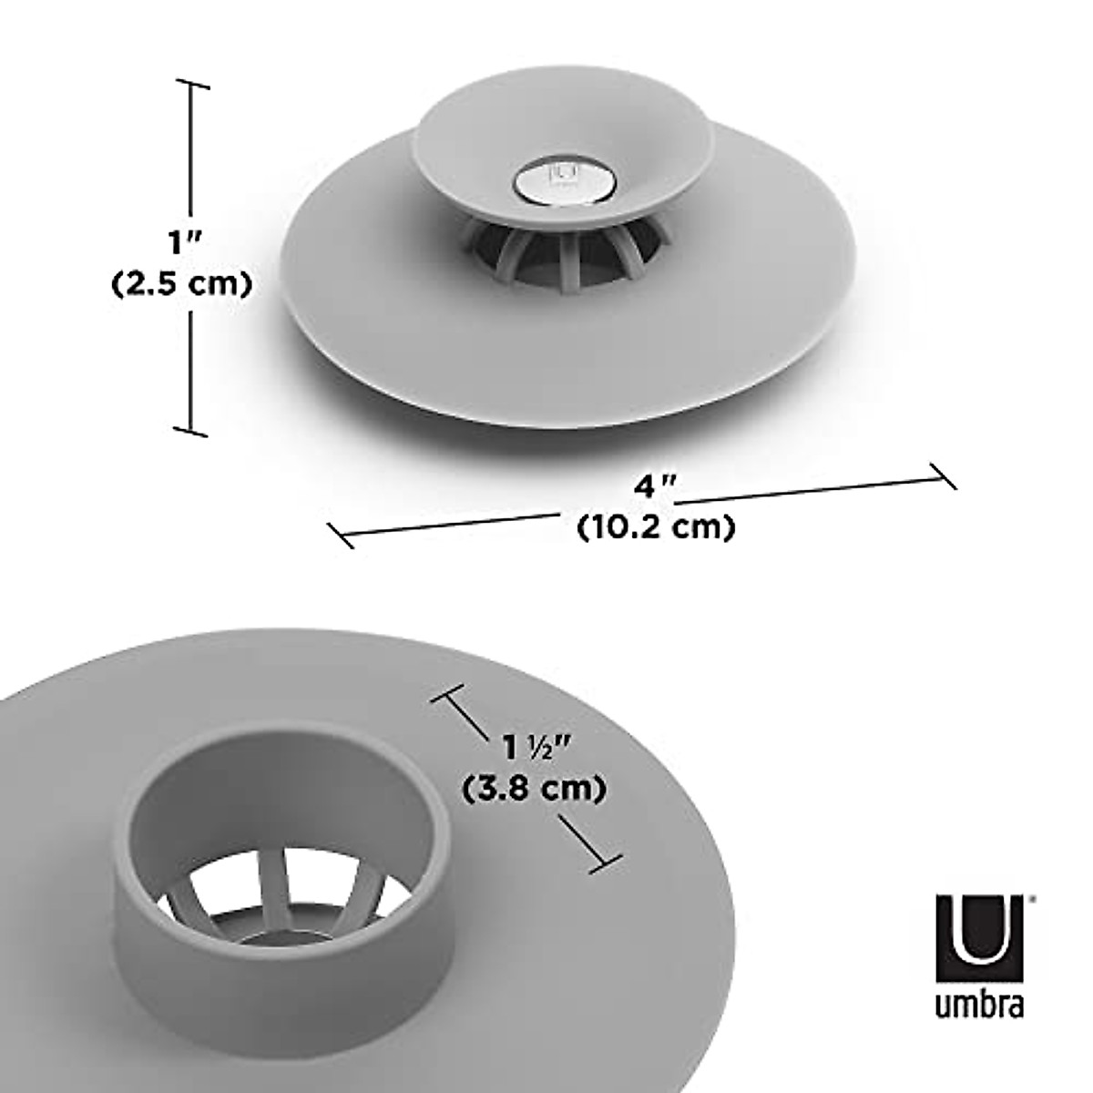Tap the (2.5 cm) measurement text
(180, 284)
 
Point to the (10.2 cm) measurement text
(656, 526)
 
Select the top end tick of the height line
(190, 84)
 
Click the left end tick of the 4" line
(340, 535)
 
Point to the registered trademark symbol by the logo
(1030, 897)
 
